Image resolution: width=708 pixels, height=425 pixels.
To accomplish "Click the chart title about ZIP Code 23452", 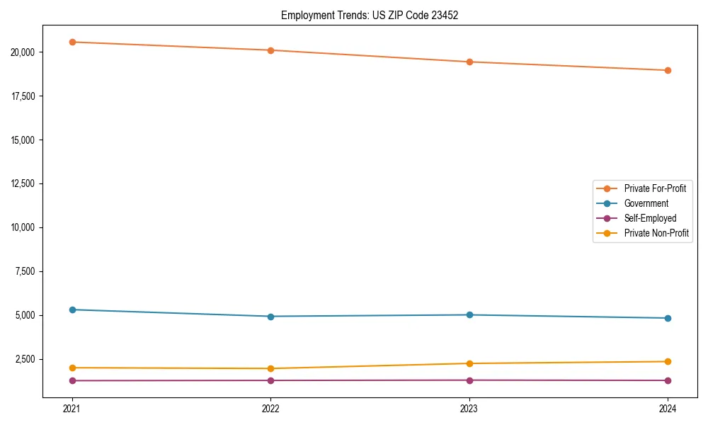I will (369, 15).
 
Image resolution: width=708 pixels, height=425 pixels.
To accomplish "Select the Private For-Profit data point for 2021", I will (72, 42).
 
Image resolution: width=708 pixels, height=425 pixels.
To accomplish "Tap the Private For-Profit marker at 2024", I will (668, 70).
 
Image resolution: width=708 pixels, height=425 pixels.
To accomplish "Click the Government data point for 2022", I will (270, 316).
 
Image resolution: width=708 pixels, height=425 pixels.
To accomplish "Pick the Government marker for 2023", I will (469, 314).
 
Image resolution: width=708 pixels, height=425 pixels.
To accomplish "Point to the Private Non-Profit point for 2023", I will (469, 363).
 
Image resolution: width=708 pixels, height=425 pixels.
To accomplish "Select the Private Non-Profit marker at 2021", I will (72, 368).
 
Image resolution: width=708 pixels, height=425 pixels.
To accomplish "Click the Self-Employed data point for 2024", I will (668, 380).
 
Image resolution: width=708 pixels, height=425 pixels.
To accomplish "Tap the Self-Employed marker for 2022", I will (270, 380).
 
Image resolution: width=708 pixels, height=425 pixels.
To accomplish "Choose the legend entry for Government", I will (646, 203).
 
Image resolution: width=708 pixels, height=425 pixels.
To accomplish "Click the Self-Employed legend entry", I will (650, 218).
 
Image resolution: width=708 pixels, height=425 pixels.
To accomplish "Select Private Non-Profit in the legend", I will (656, 233).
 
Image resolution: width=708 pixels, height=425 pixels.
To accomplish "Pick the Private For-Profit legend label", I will (654, 188).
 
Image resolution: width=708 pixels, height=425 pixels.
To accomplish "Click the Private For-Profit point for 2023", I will (469, 62).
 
